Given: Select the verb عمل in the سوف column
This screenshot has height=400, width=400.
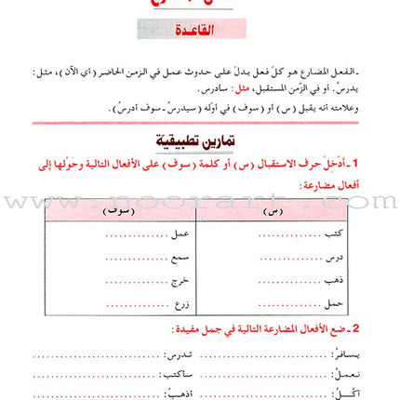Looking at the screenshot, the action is pyautogui.click(x=180, y=233).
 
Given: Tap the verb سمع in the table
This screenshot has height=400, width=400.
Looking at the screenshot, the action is pyautogui.click(x=180, y=257).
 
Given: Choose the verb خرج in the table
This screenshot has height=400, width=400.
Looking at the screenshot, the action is pyautogui.click(x=180, y=280).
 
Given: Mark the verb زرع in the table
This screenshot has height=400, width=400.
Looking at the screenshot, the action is pyautogui.click(x=181, y=303).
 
